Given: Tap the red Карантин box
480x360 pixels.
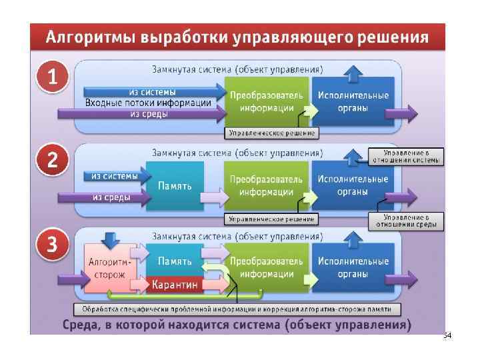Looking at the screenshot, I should (175, 285).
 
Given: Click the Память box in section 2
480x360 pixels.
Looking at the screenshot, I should (175, 186).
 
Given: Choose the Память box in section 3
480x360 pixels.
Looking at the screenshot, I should (175, 261).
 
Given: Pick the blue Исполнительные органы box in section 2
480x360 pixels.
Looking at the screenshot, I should (353, 186).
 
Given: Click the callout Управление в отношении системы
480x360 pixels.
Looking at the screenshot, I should (406, 155).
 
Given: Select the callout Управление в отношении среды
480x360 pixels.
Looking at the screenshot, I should (406, 221).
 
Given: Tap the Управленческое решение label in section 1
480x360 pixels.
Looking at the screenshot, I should (271, 134).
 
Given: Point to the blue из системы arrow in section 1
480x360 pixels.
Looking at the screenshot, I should (153, 91).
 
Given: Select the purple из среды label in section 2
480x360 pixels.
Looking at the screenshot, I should (111, 197).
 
